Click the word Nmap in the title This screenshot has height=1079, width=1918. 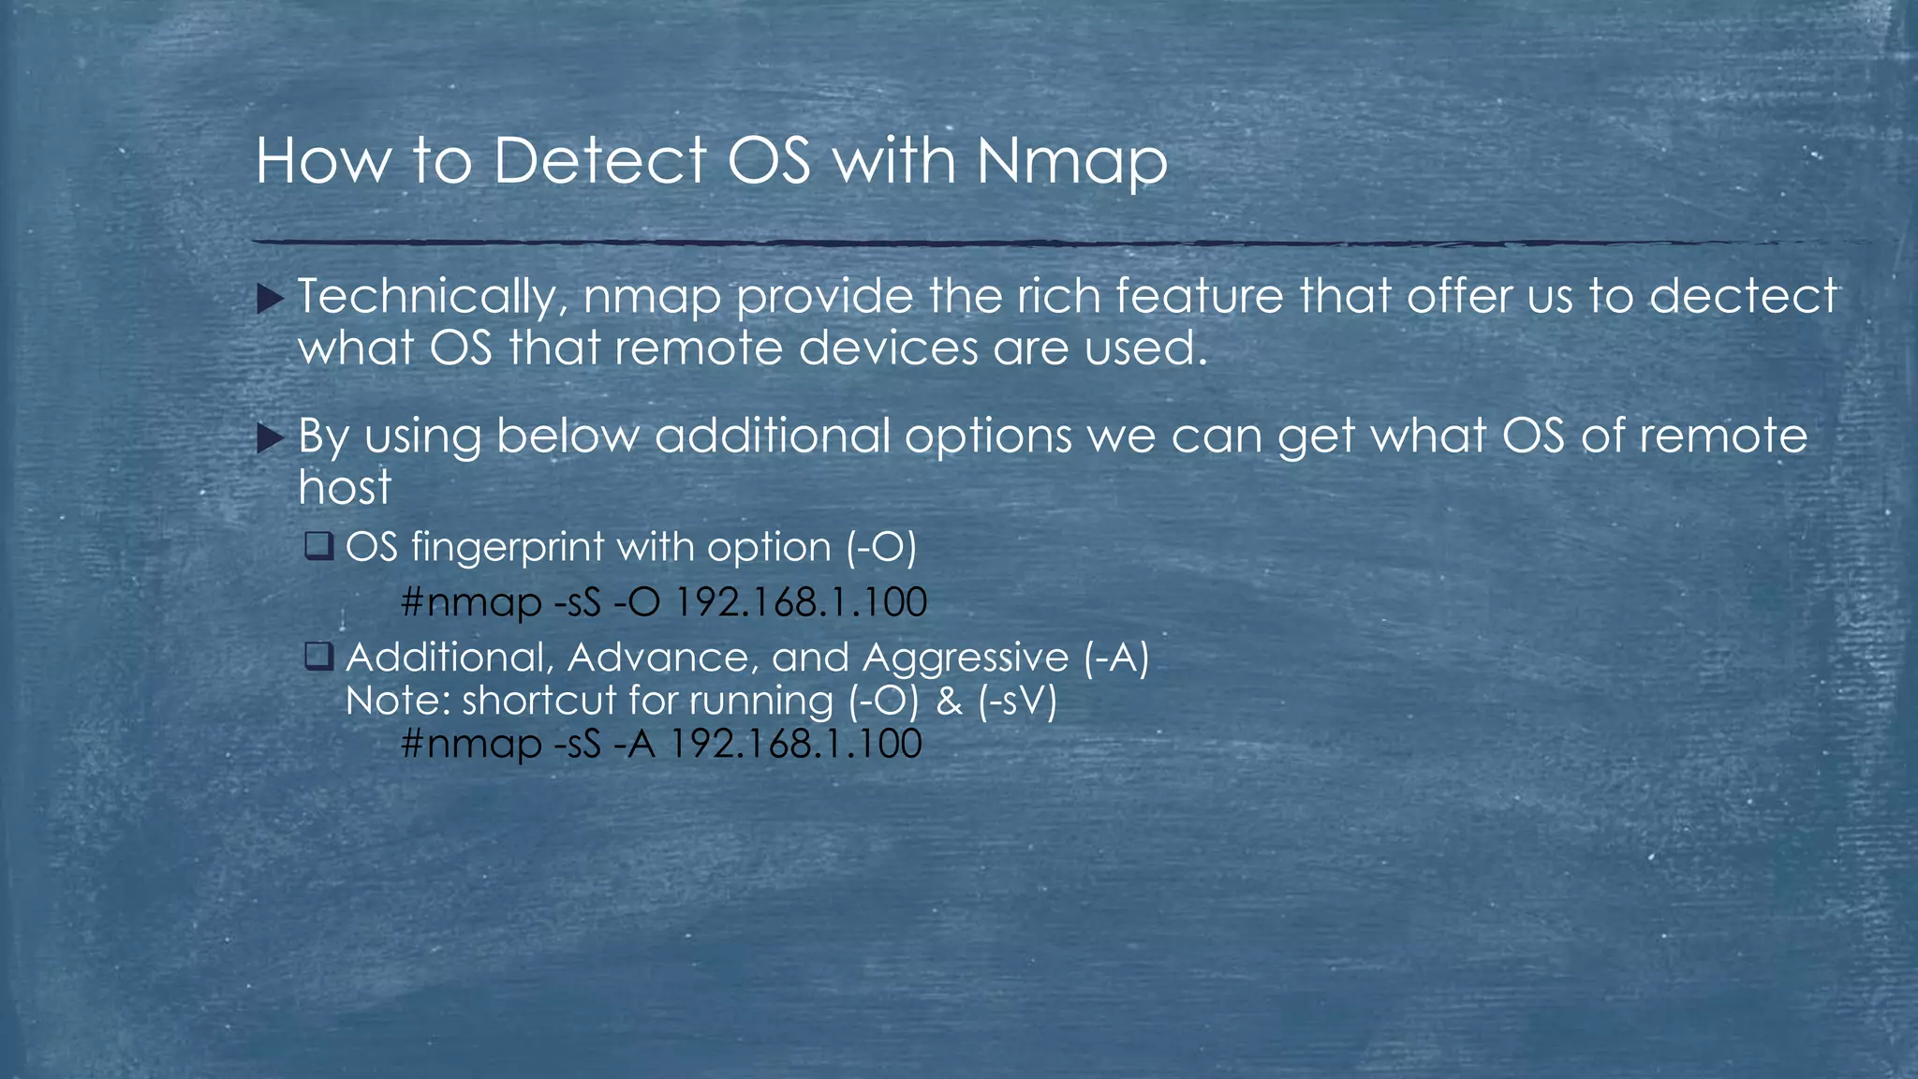coord(1071,161)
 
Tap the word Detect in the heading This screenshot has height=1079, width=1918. coord(599,161)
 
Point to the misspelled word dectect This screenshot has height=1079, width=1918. coord(1743,297)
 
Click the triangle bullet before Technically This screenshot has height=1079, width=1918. coord(270,300)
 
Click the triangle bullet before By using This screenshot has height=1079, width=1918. coord(270,438)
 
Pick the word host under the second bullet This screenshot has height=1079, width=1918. coord(345,487)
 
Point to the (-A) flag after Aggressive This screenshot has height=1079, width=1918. coord(1115,658)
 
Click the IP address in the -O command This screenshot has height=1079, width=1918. coord(801,601)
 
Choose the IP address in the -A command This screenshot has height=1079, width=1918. coord(796,744)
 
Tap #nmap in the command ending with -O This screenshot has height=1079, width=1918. coord(471,601)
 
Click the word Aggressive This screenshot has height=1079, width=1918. coord(965,658)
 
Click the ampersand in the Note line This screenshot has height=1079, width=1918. coord(949,701)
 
